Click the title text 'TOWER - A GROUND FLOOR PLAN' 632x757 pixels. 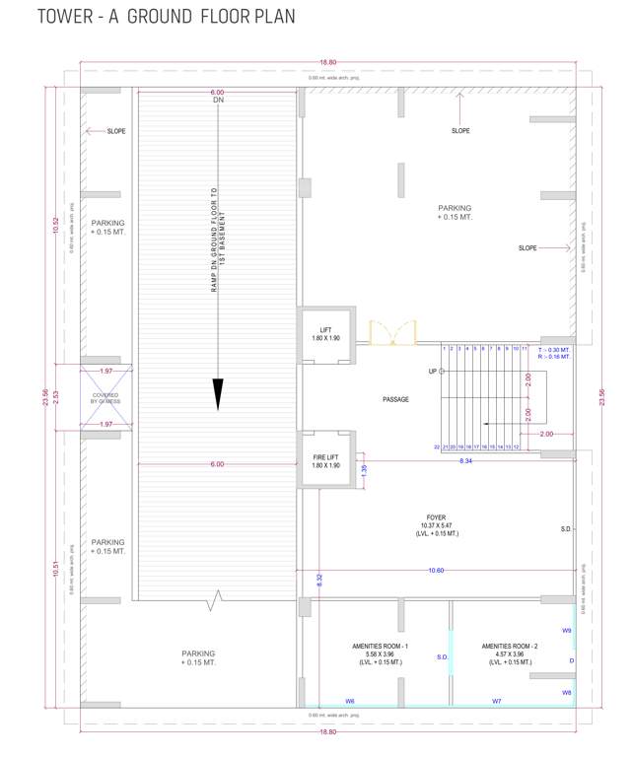click(x=166, y=18)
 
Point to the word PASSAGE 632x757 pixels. click(x=396, y=399)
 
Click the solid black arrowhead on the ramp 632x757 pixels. click(x=218, y=393)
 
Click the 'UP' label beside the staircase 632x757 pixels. click(x=432, y=372)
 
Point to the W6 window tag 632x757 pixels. click(x=350, y=701)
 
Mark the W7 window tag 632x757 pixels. click(x=497, y=701)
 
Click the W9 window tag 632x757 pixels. click(x=566, y=630)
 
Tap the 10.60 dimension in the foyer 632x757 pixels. click(x=436, y=570)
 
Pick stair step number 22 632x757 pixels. click(x=437, y=447)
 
